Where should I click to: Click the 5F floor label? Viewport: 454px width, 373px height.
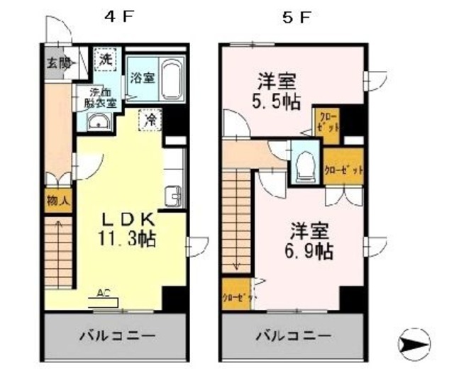[296, 18]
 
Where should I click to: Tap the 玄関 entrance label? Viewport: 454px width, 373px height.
[60, 62]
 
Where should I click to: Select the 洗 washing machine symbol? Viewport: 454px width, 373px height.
[105, 60]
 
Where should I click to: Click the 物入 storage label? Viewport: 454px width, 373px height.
[58, 201]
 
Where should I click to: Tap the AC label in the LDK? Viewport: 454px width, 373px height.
[102, 293]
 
